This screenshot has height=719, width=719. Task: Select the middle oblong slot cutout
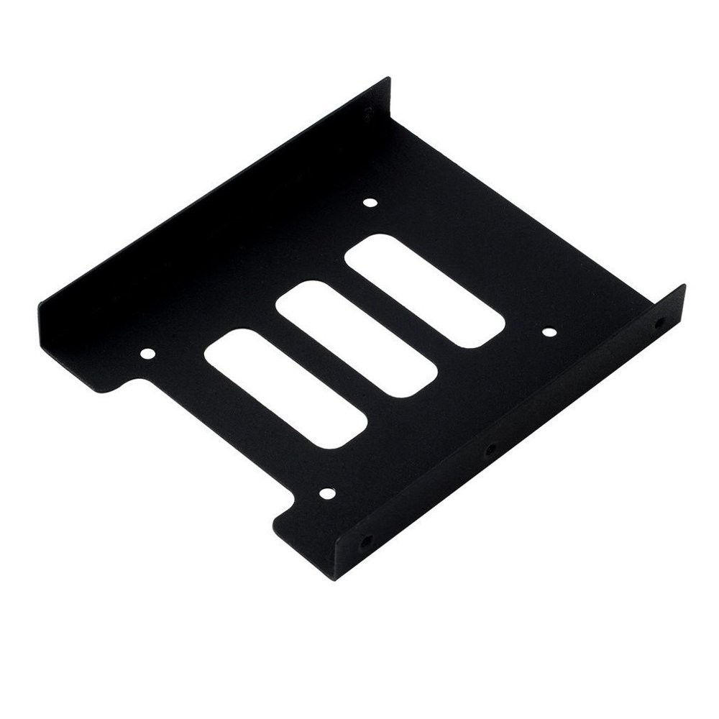point(357,341)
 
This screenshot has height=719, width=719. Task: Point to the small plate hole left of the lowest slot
point(147,354)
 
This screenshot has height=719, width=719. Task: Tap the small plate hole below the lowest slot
point(326,493)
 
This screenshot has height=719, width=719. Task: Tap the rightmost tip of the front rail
point(684,288)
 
